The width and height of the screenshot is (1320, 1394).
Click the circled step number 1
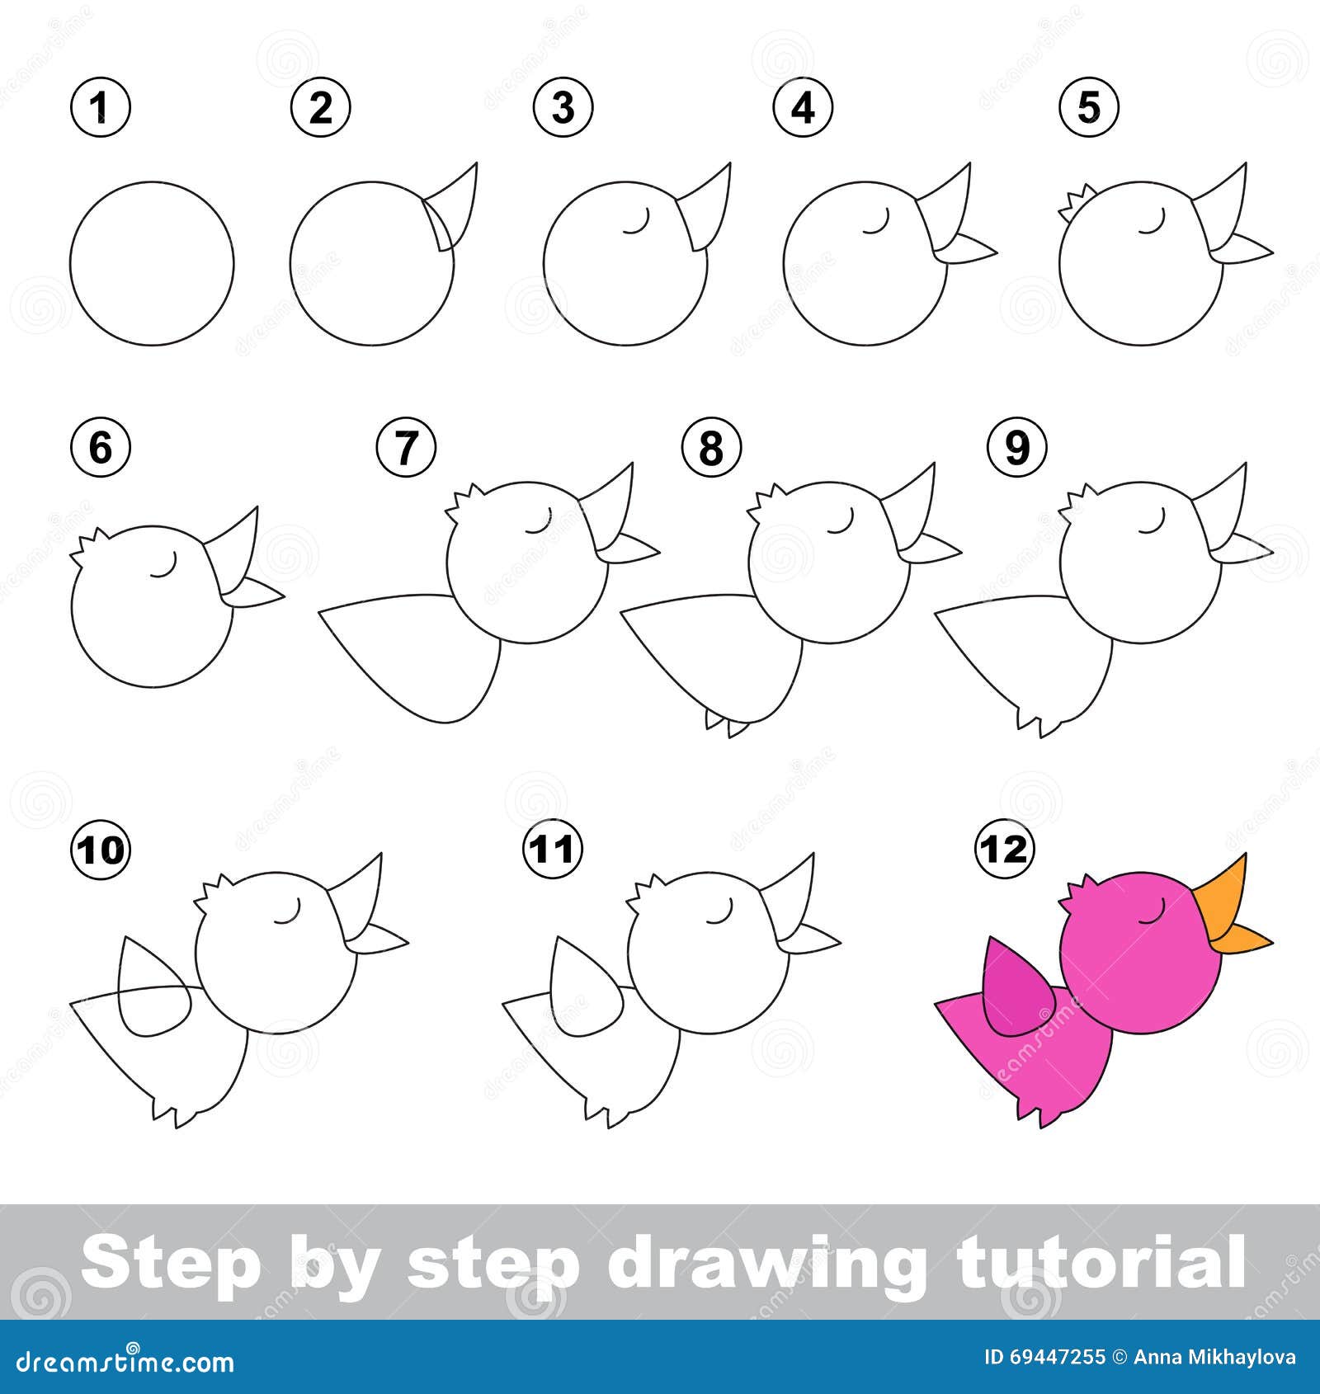click(x=101, y=108)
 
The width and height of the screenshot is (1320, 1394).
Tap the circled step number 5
click(x=1089, y=108)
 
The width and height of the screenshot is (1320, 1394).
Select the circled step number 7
click(x=406, y=449)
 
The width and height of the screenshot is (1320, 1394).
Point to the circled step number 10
click(x=103, y=849)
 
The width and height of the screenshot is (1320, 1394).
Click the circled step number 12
click(x=1004, y=848)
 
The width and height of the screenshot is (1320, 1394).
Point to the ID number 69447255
click(x=1057, y=1357)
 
